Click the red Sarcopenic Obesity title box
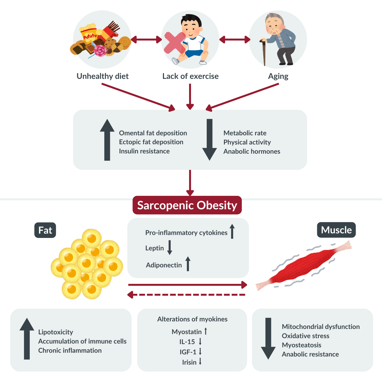pyautogui.click(x=187, y=205)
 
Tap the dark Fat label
pyautogui.click(x=45, y=230)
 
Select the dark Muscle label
pyautogui.click(x=336, y=230)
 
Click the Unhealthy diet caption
pyautogui.click(x=103, y=76)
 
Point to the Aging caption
pyautogui.click(x=278, y=76)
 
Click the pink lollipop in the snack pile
pyautogui.click(x=100, y=51)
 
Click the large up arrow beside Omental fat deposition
pyautogui.click(x=107, y=140)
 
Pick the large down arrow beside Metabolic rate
pyautogui.click(x=209, y=140)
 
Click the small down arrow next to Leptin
pyautogui.click(x=170, y=248)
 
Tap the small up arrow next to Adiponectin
pyautogui.click(x=188, y=264)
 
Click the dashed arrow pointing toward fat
pyautogui.click(x=186, y=295)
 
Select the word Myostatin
pyautogui.click(x=187, y=332)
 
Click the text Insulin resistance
pyautogui.click(x=144, y=151)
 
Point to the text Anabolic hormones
pyautogui.click(x=252, y=152)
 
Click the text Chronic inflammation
pyautogui.click(x=70, y=351)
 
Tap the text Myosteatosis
pyautogui.click(x=301, y=345)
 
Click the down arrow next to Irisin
pyautogui.click(x=200, y=361)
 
